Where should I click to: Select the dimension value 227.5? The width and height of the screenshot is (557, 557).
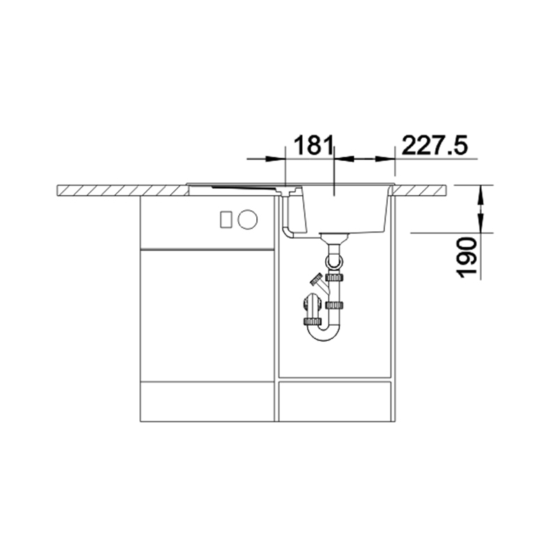(434, 145)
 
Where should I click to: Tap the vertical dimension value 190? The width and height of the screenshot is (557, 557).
(466, 258)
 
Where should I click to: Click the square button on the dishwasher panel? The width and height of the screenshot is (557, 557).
(226, 219)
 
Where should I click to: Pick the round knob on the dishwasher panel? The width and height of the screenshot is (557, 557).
(248, 219)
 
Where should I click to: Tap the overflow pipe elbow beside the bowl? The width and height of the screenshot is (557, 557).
(288, 233)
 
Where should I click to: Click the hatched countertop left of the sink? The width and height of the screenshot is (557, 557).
(123, 190)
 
